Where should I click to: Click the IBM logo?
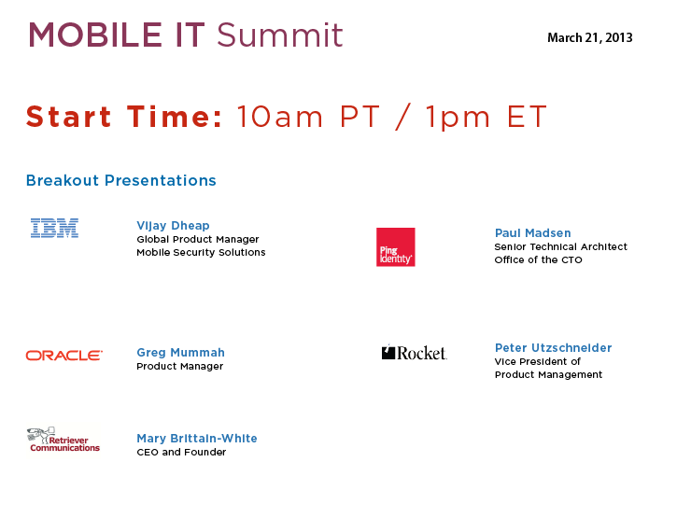pos(54,228)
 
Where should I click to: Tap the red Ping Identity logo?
pos(396,247)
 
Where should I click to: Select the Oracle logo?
pos(64,356)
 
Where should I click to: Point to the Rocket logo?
pos(415,353)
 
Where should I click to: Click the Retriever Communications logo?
pos(63,440)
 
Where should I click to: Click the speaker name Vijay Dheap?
pos(173,226)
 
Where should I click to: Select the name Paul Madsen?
pos(533,233)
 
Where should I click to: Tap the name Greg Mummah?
pos(180,353)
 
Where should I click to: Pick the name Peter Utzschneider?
pos(553,348)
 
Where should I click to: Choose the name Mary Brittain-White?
pos(197,439)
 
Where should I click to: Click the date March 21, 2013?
pos(590,38)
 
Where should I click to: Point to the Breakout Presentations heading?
pos(120,180)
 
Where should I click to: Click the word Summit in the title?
pos(280,35)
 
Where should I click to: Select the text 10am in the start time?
pos(280,117)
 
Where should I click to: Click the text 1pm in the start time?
pos(458,118)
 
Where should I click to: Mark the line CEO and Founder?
pos(181,452)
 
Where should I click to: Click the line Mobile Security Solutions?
pos(201,253)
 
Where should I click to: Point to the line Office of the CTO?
pos(539,259)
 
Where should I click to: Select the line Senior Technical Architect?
pos(561,247)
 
